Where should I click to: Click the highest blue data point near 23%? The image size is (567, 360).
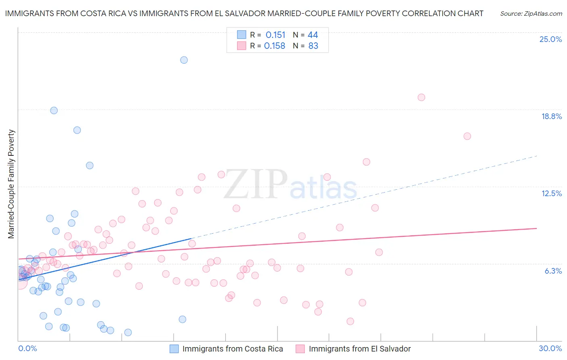[x=184, y=60]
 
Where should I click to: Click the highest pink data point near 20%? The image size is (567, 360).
[x=421, y=97]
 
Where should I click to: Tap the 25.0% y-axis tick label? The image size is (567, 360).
[x=550, y=39]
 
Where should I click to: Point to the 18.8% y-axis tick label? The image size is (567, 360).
[x=551, y=116]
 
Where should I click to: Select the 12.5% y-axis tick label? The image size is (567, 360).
[x=551, y=193]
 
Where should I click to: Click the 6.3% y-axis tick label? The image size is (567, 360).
[x=553, y=271]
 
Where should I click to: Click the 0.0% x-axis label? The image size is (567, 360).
[x=28, y=348]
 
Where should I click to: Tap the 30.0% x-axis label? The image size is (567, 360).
[x=550, y=348]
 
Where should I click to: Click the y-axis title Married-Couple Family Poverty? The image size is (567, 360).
[x=11, y=184]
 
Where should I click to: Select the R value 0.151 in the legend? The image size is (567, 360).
[x=275, y=35]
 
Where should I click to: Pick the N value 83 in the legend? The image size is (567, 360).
[x=313, y=46]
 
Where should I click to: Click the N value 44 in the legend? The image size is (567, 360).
[x=313, y=35]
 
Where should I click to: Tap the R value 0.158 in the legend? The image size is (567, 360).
[x=275, y=46]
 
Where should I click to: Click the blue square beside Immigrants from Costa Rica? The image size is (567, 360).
[x=174, y=349]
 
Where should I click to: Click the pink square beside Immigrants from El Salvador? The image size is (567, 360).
[x=300, y=349]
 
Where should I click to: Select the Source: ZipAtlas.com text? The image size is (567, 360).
[x=531, y=14]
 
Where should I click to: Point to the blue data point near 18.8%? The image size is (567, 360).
[x=54, y=111]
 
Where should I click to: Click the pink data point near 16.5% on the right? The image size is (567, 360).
[x=467, y=136]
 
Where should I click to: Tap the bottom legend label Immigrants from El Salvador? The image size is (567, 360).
[x=360, y=349]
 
